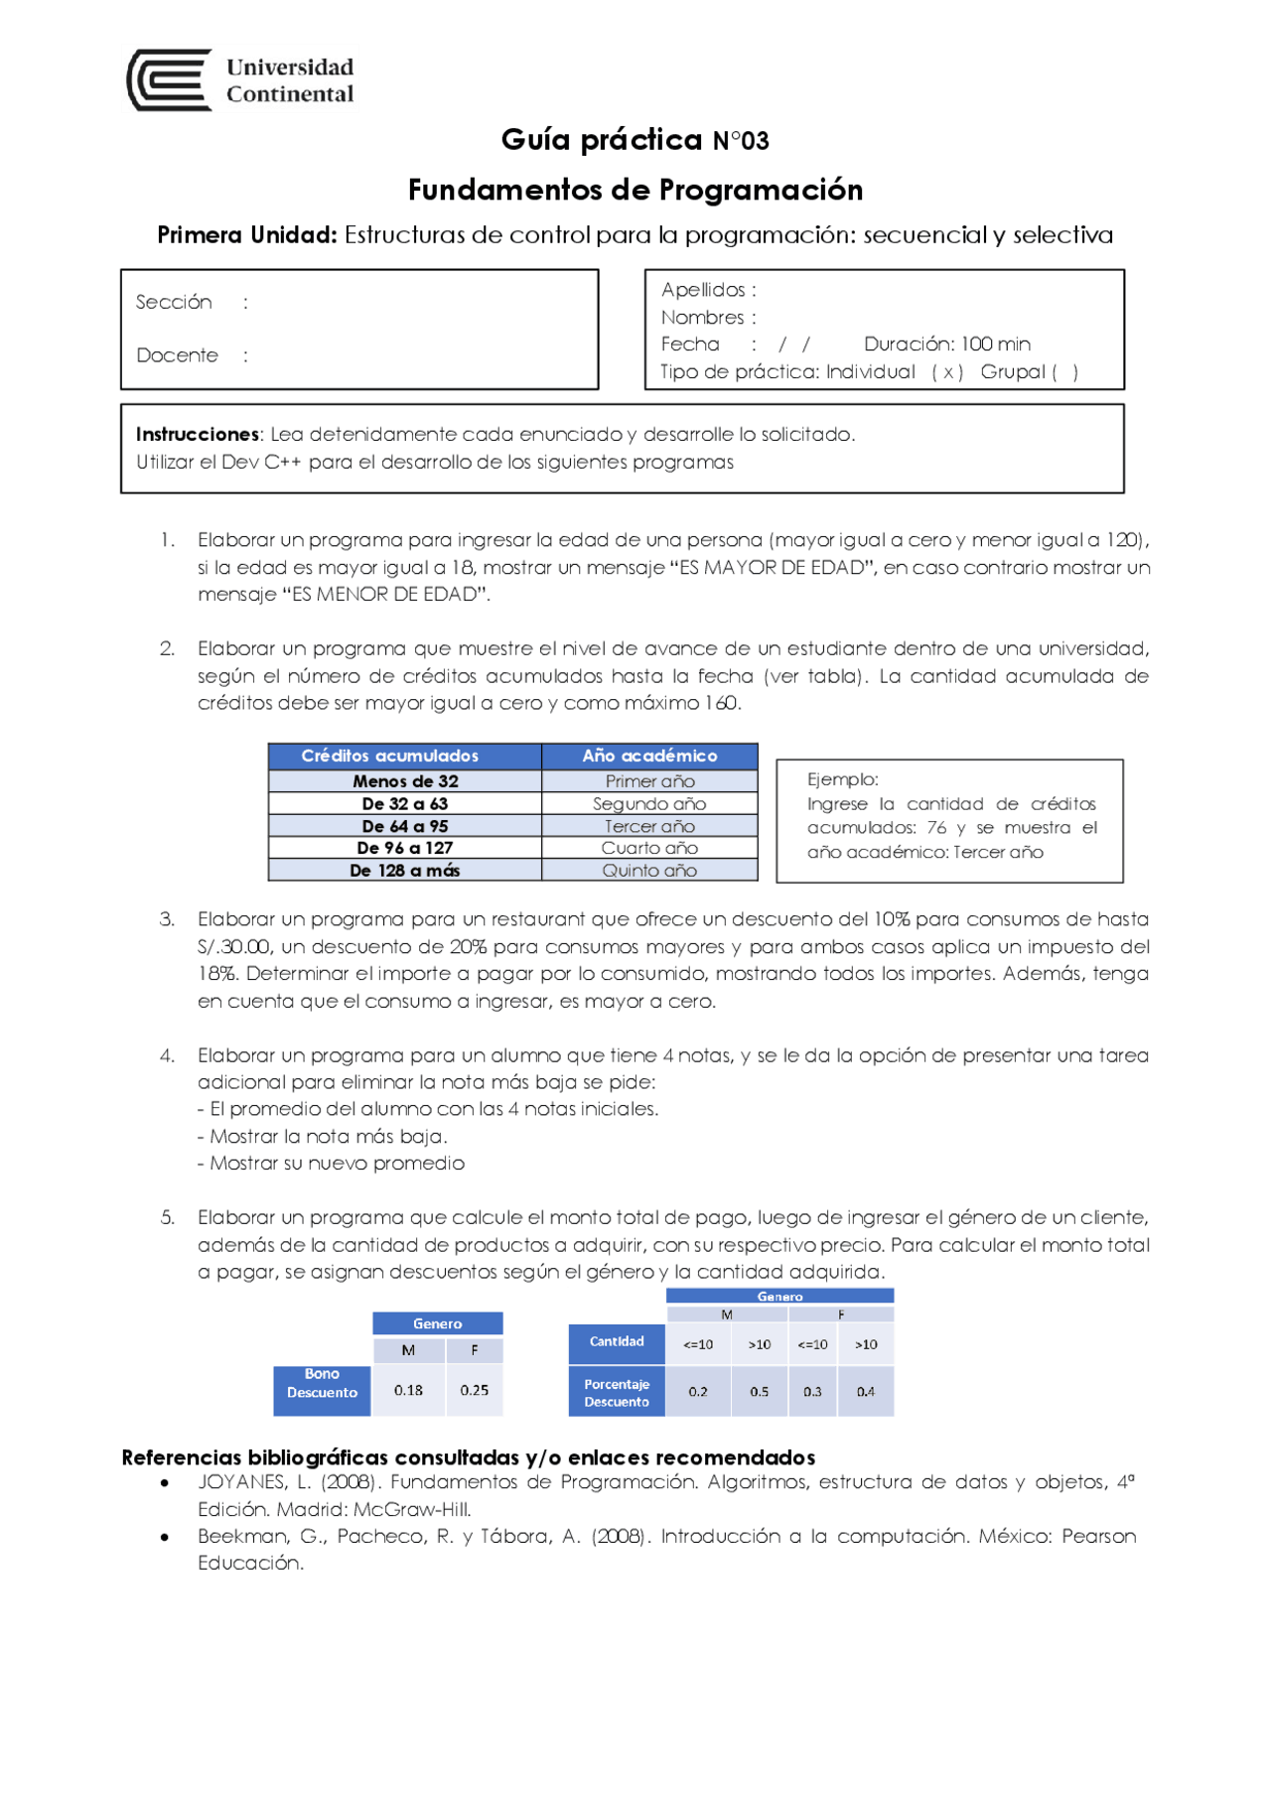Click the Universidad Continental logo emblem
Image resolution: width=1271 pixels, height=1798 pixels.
coord(169,80)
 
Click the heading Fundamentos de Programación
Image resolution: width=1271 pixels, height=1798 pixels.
coord(635,190)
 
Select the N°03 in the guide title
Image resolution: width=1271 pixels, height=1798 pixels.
coord(741,141)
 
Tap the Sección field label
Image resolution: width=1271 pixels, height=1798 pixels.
coord(174,302)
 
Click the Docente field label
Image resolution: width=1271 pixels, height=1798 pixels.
coord(177,355)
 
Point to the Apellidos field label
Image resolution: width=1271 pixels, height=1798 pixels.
coord(703,290)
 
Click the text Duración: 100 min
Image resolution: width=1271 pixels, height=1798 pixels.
coord(946,345)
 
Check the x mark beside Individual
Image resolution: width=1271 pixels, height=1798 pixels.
coord(947,372)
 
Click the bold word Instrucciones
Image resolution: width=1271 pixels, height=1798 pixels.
coord(197,434)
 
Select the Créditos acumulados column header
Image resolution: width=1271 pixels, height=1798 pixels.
coord(390,756)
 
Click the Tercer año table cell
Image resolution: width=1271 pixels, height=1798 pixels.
coord(649,826)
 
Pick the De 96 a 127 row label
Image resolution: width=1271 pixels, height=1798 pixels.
coord(404,848)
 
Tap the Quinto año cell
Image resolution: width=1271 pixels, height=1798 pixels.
coord(649,871)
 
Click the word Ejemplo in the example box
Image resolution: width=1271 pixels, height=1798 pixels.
coord(840,779)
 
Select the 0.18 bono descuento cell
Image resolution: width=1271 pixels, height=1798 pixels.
coord(408,1390)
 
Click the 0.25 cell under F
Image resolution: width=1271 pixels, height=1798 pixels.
coord(475,1390)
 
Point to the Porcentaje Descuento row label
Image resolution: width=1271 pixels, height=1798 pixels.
coord(617,1393)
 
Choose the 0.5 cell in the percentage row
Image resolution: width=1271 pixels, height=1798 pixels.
coord(759,1392)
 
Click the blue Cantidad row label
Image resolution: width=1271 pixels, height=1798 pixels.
coord(617,1341)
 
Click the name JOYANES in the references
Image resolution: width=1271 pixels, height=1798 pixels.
coord(241,1482)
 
